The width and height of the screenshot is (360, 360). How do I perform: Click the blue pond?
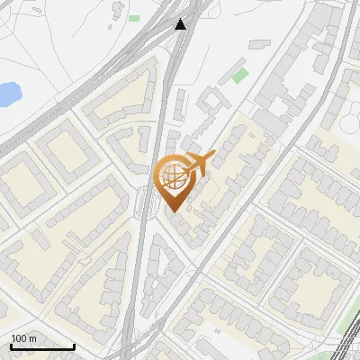[x=7, y=92]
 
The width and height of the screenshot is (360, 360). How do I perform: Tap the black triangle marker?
[x=182, y=23]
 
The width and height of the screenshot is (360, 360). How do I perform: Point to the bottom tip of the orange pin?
[x=174, y=211]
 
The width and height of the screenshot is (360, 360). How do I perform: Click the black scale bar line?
[x=41, y=346]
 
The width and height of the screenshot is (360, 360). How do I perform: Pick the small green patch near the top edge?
[x=134, y=18]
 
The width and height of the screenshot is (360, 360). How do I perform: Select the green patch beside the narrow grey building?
[x=239, y=74]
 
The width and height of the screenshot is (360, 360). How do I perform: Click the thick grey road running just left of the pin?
[x=153, y=180]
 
